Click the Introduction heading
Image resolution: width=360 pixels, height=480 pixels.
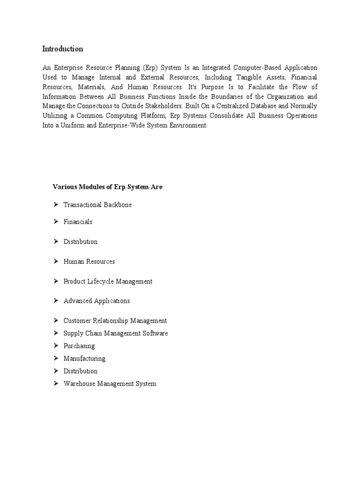[x=62, y=49]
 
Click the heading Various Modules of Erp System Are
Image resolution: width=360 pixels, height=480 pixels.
[x=107, y=187]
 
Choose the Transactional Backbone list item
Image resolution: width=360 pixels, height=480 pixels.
[x=97, y=205]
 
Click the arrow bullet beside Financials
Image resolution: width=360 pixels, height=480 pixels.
[x=55, y=222]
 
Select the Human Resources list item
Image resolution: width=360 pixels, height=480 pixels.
[x=89, y=262]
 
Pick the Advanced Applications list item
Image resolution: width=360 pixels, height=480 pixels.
[x=97, y=301]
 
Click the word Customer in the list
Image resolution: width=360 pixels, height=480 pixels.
[x=77, y=321]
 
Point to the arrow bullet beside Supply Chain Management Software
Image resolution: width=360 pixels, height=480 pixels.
[x=55, y=333]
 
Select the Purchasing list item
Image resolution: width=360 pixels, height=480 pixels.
[x=79, y=346]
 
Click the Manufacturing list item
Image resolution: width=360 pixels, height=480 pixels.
[x=84, y=359]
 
